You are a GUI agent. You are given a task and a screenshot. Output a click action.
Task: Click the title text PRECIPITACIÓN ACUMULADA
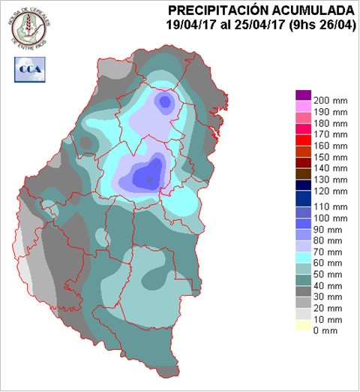[x=261, y=10]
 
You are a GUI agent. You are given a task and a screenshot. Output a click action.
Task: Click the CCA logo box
[x=28, y=69]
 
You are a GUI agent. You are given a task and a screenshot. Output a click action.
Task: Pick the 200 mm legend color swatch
[x=303, y=95]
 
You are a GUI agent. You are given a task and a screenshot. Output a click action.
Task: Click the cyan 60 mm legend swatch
[x=303, y=258]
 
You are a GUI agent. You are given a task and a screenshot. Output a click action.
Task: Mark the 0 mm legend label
[x=327, y=330]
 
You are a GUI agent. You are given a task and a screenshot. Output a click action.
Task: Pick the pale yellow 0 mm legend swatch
[x=303, y=325]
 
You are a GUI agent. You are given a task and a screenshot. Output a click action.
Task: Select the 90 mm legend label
[x=330, y=229]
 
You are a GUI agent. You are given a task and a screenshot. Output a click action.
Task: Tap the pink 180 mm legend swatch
[x=303, y=117]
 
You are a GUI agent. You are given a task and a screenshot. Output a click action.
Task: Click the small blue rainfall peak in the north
[x=164, y=101]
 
